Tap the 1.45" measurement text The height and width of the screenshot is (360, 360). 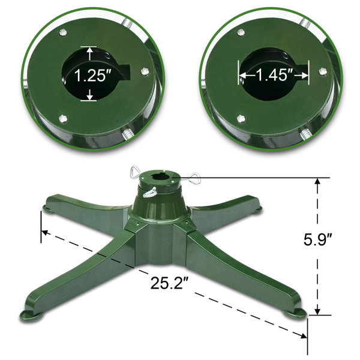coord(274,76)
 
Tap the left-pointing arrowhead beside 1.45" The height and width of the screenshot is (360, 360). coord(242,76)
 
